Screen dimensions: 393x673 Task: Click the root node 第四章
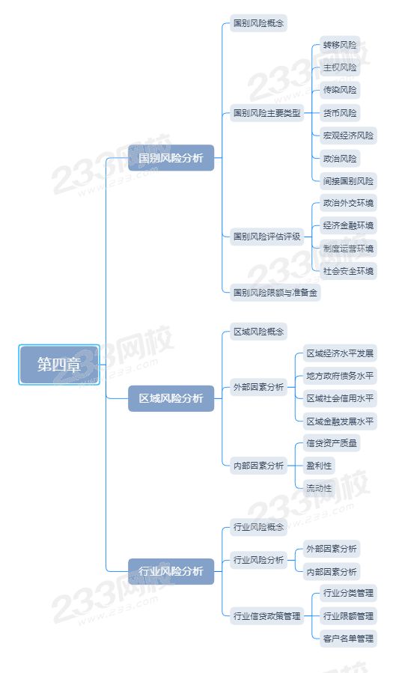coord(59,365)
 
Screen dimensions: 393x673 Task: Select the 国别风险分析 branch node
coord(171,158)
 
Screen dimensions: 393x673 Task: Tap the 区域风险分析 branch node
coord(171,398)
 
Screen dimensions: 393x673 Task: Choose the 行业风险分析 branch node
coord(171,571)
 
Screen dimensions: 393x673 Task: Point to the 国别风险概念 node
coord(258,22)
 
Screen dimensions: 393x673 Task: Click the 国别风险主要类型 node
coord(266,113)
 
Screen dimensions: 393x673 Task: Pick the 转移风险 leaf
coord(340,45)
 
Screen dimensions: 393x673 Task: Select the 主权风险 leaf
coord(340,67)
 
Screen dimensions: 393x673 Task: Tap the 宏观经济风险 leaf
coord(348,135)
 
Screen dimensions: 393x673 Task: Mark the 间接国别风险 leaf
coord(348,180)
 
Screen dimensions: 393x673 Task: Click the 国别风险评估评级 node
coord(266,237)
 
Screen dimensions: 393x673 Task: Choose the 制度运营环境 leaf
coord(348,248)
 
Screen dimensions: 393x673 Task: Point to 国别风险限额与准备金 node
coord(275,293)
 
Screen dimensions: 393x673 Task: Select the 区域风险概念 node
coord(258,332)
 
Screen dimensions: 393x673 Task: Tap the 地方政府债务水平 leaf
coord(340,376)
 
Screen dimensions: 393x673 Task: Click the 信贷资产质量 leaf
coord(331,443)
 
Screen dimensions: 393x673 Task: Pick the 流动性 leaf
coord(319,488)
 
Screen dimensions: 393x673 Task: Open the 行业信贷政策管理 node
coord(266,616)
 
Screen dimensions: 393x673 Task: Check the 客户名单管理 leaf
coord(348,639)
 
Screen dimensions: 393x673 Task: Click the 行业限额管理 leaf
coord(348,616)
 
